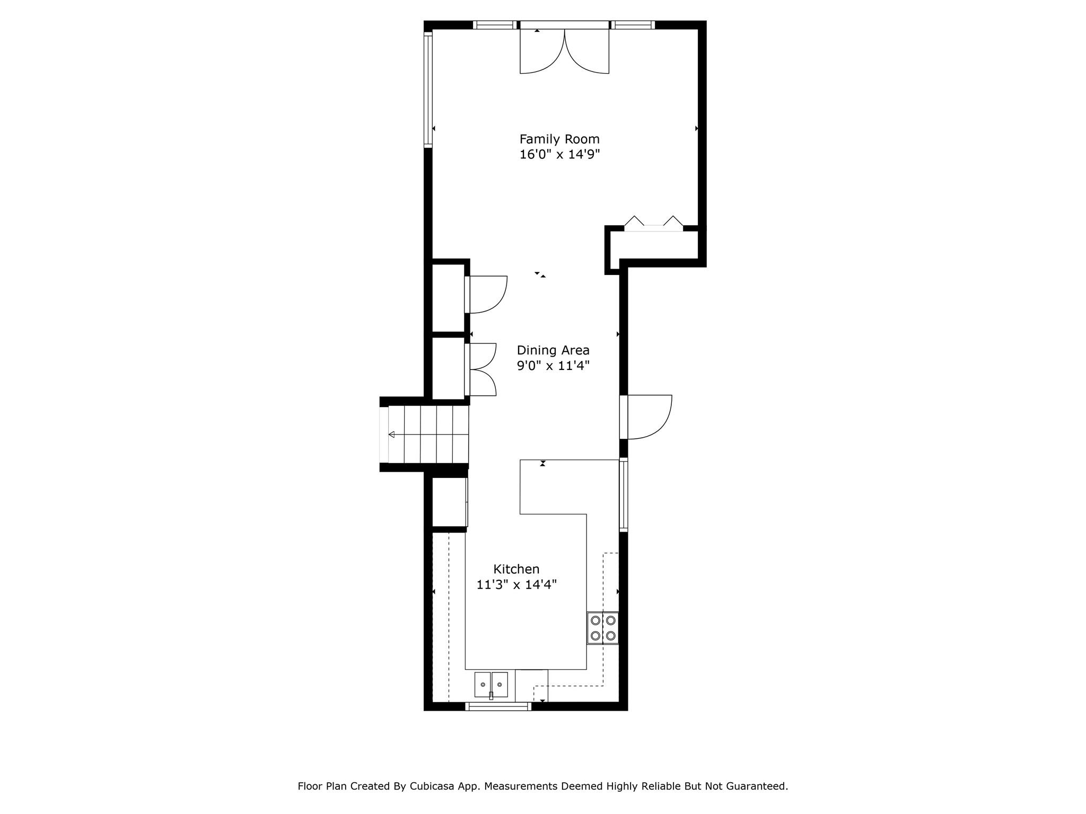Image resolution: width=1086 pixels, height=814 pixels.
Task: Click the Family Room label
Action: tap(559, 139)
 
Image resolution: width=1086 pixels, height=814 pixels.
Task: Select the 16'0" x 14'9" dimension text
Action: tap(559, 155)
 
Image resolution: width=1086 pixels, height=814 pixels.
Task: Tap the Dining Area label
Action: tap(553, 350)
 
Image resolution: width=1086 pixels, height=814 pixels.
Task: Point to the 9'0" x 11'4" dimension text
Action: tap(553, 366)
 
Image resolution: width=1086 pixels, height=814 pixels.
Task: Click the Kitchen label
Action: tap(516, 569)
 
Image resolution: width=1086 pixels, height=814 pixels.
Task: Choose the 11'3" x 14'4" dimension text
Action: tap(516, 585)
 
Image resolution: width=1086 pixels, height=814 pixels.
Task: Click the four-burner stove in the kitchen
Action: tap(603, 628)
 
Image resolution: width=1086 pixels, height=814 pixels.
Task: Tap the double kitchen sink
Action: tap(491, 684)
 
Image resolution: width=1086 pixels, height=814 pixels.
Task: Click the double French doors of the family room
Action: tap(564, 50)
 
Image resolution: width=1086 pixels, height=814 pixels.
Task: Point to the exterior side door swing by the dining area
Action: tap(650, 417)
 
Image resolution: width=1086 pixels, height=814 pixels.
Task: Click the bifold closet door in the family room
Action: tap(654, 224)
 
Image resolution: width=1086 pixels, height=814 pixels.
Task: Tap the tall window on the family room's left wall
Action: tap(428, 88)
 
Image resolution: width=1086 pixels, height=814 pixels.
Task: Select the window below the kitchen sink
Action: tap(498, 706)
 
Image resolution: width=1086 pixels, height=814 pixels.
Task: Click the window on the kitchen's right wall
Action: tap(624, 494)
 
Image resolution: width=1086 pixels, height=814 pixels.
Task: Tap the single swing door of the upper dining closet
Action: tap(486, 295)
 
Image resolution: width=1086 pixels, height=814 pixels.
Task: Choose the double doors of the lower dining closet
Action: tap(481, 370)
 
